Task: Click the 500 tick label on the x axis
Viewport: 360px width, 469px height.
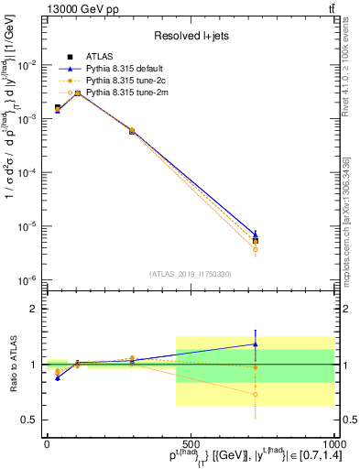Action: pos(190,442)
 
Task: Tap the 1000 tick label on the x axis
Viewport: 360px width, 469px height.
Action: pos(331,442)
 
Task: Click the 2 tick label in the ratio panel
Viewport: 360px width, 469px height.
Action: pos(34,309)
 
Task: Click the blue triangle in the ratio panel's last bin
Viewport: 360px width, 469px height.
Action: pos(256,344)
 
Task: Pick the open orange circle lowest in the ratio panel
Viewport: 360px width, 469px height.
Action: pos(256,395)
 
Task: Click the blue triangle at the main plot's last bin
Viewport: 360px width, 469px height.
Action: pos(256,234)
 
